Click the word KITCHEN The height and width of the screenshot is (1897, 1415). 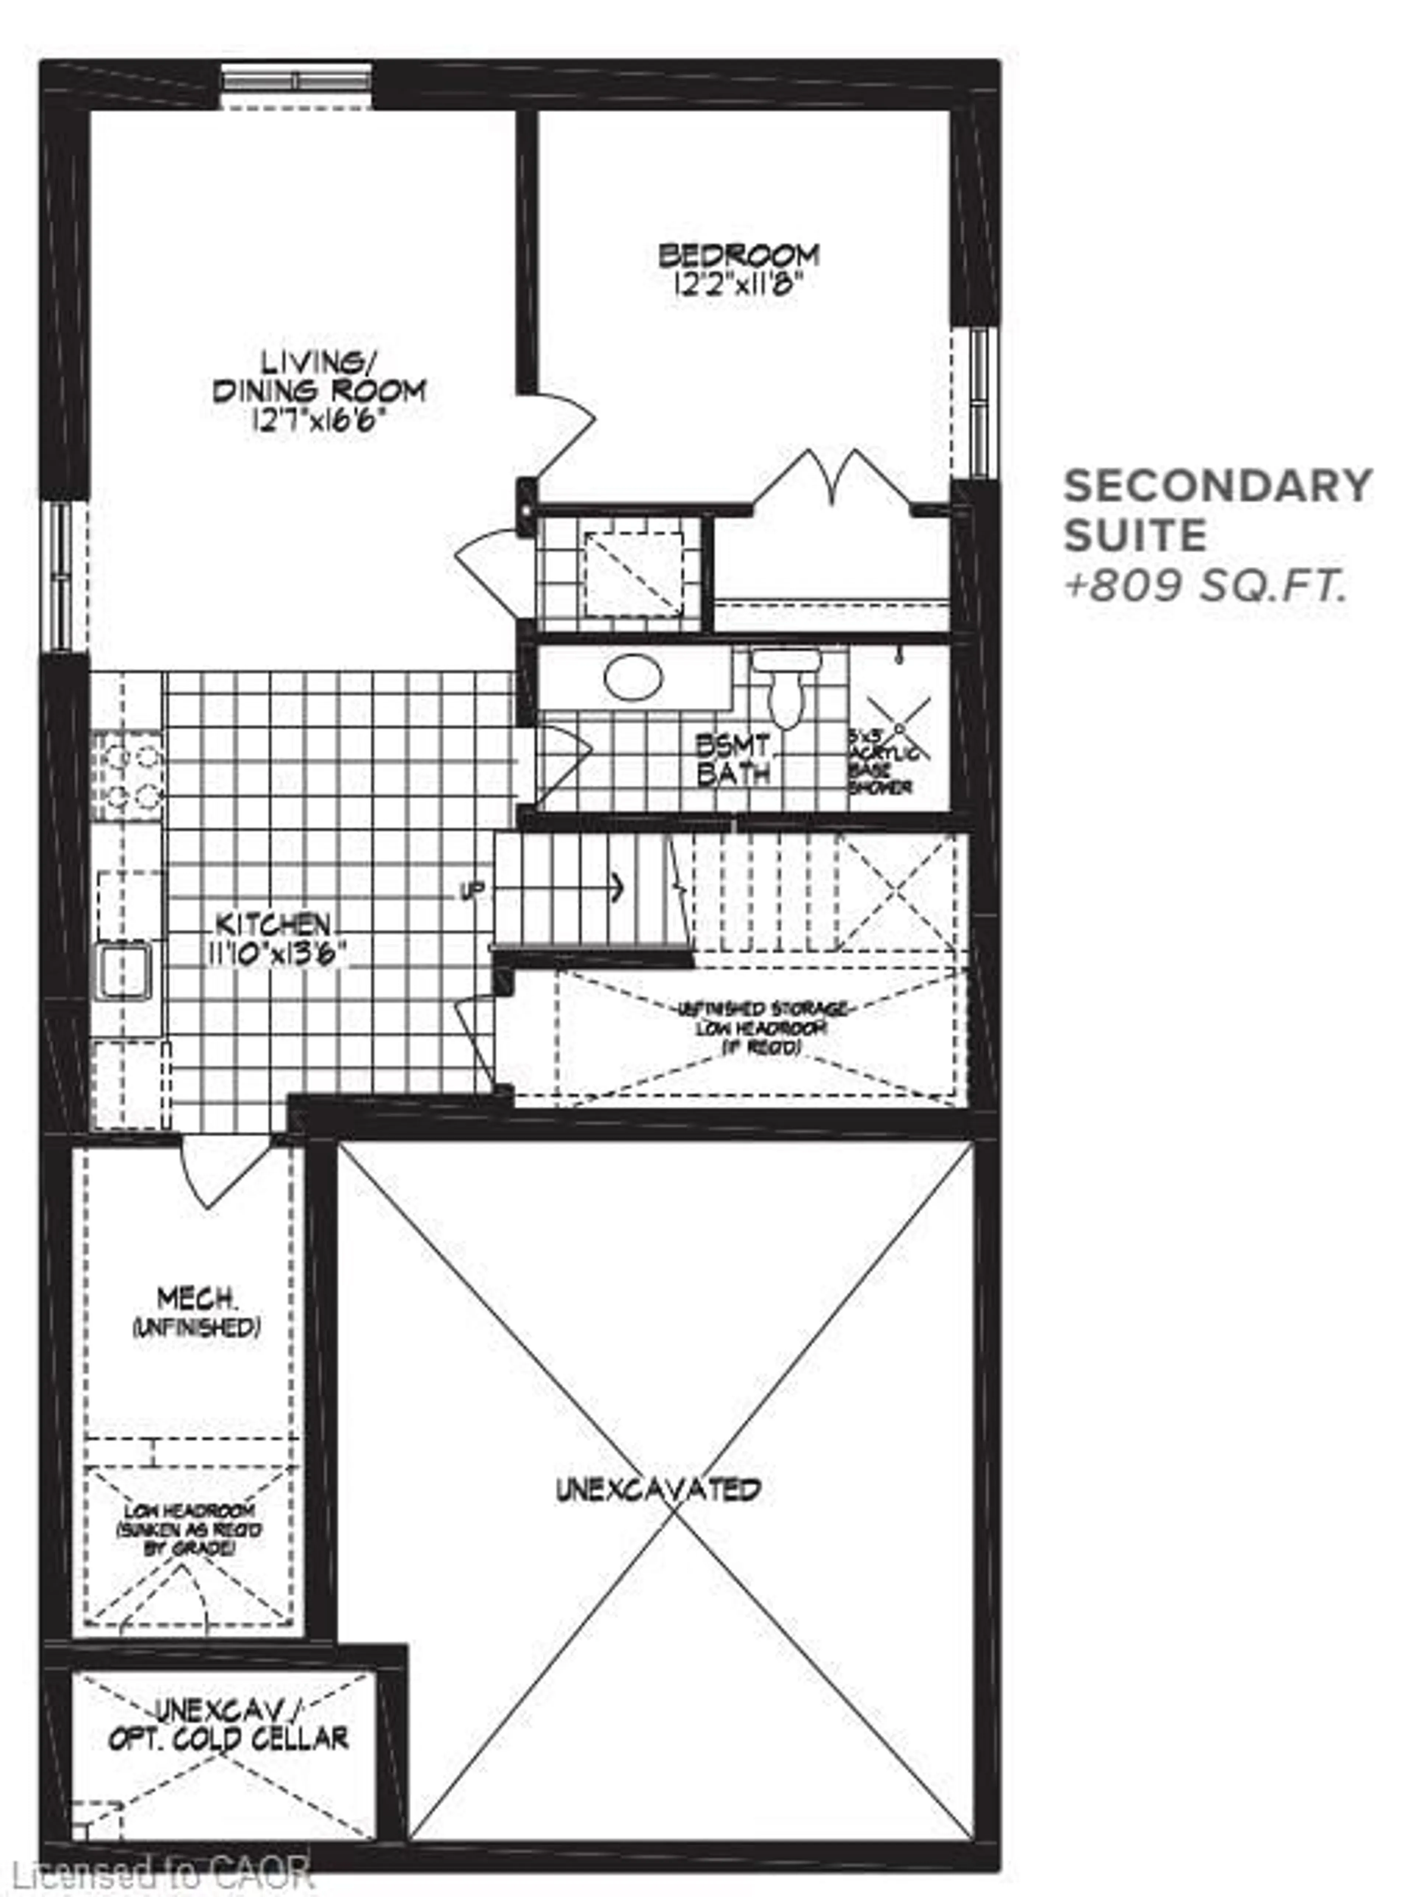[272, 924]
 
